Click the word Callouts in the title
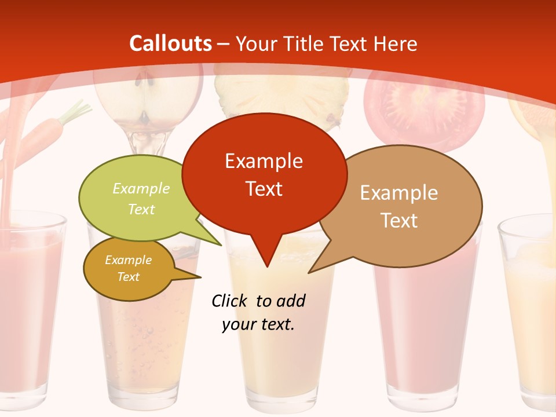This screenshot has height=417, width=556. coord(171,43)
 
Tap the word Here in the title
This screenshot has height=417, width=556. coord(395,43)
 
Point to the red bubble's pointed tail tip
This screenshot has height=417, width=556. coord(266,266)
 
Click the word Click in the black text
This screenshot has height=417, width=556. coord(230,301)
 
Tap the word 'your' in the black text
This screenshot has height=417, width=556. coord(238,324)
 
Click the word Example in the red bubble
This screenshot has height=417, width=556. coord(264,161)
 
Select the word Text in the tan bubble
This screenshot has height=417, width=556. coord(399,221)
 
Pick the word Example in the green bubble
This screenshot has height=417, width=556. coord(141,189)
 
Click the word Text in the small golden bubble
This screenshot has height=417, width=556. coord(128,277)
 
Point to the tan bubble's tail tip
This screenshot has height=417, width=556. coord(309,272)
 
